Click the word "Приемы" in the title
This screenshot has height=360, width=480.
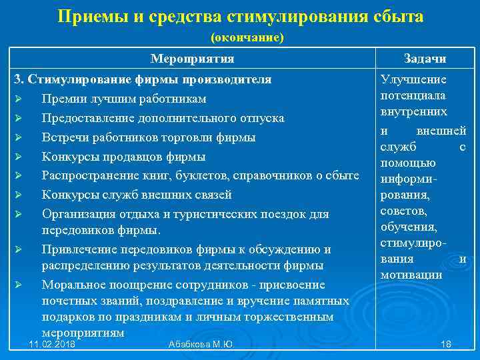point(87,16)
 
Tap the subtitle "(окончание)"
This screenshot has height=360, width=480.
point(247,37)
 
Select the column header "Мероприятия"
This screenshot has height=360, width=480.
point(193,59)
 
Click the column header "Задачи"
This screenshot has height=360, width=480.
point(425,59)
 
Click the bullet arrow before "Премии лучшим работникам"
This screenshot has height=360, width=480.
point(19,99)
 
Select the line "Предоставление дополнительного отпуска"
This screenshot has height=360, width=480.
point(163,118)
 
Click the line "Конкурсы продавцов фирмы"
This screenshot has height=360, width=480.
point(123,157)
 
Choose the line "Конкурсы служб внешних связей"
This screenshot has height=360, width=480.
point(137,195)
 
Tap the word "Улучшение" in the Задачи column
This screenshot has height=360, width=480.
point(413,80)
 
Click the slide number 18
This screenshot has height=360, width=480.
point(446,344)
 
